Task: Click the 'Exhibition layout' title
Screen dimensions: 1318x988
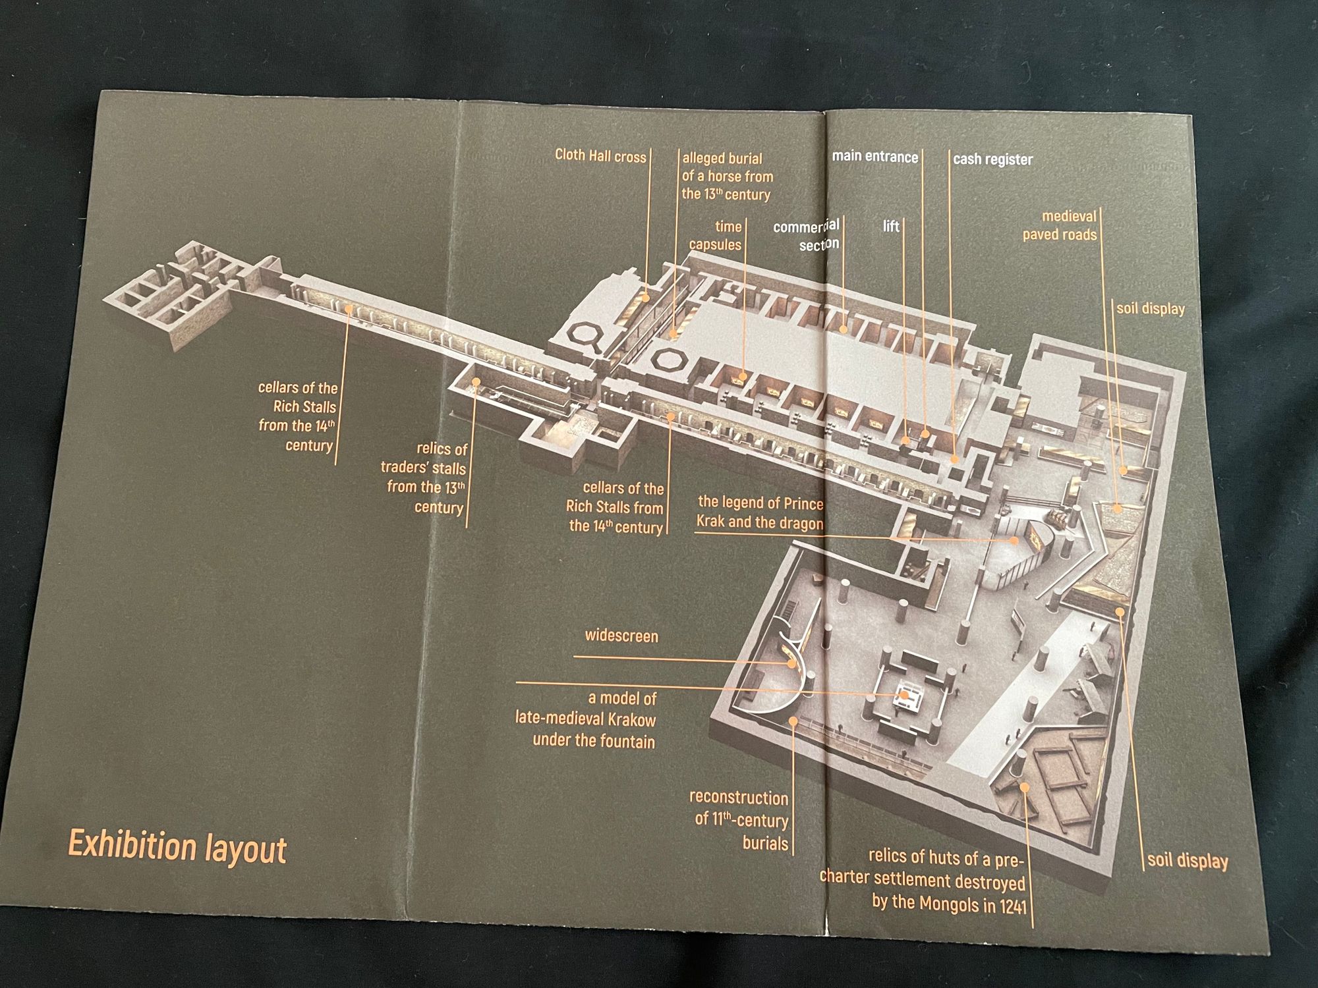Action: [177, 847]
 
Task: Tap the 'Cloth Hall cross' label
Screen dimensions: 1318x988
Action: [600, 156]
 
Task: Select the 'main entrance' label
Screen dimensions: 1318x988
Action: [875, 157]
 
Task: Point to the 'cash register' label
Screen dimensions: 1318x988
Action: [992, 159]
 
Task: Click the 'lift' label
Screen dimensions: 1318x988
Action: [891, 227]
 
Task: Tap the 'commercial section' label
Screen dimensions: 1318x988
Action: [807, 234]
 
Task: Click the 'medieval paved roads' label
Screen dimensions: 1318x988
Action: [1060, 225]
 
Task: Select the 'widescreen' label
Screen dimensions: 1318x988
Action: [621, 636]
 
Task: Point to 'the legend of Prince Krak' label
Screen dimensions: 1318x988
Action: [760, 513]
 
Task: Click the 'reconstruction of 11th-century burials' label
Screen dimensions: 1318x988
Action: [739, 821]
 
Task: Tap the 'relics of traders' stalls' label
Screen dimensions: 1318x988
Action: [424, 478]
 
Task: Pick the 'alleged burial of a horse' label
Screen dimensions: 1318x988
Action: [726, 177]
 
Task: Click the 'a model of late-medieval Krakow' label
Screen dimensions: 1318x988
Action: [586, 720]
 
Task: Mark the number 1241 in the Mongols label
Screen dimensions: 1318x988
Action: [1012, 906]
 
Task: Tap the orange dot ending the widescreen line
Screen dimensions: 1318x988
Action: [791, 664]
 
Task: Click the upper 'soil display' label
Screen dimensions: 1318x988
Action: [1151, 308]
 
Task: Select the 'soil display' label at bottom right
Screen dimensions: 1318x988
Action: [1188, 860]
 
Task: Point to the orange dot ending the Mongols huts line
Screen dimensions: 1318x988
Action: [1024, 787]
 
